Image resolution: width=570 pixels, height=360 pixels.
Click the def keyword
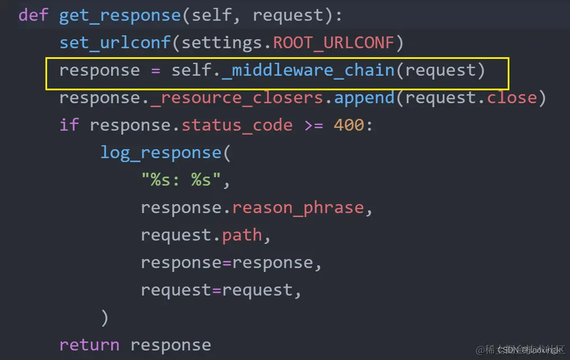tap(34, 15)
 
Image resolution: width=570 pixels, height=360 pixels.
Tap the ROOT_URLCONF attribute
tap(334, 43)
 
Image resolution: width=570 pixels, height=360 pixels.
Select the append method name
tap(364, 98)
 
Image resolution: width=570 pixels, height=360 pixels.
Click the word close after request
tap(512, 98)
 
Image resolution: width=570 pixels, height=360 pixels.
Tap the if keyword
tap(69, 125)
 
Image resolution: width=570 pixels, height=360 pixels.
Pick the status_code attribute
tap(237, 125)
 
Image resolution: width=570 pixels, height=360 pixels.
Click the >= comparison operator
tap(313, 125)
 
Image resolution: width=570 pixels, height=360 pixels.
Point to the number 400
tap(349, 125)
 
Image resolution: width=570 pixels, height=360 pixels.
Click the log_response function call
tap(160, 153)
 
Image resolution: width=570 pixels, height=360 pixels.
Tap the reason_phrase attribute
tap(298, 207)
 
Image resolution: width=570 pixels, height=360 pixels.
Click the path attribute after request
tap(242, 235)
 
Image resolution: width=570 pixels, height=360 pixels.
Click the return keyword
tap(89, 344)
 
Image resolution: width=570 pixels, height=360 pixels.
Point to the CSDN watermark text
tap(531, 350)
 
